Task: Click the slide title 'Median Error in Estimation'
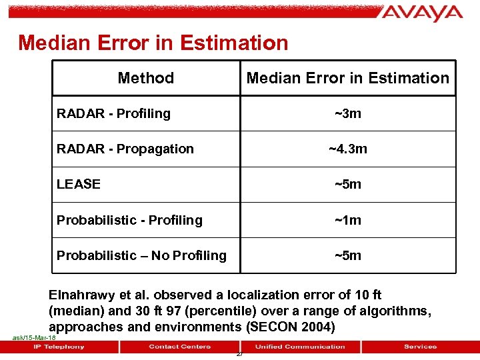[153, 43]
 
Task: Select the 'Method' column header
[145, 78]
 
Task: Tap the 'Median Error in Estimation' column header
[347, 78]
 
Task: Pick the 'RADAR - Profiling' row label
[113, 113]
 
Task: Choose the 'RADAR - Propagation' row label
[125, 149]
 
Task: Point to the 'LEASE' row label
[79, 184]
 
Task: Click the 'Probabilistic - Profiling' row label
[129, 220]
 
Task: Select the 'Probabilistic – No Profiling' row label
[141, 255]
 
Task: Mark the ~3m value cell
[347, 113]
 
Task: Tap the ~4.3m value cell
[347, 149]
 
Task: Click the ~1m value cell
[347, 220]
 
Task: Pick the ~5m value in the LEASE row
[347, 184]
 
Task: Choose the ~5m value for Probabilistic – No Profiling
[347, 255]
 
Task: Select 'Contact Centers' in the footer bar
[179, 347]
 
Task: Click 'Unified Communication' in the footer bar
[300, 347]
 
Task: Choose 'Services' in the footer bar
[420, 347]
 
